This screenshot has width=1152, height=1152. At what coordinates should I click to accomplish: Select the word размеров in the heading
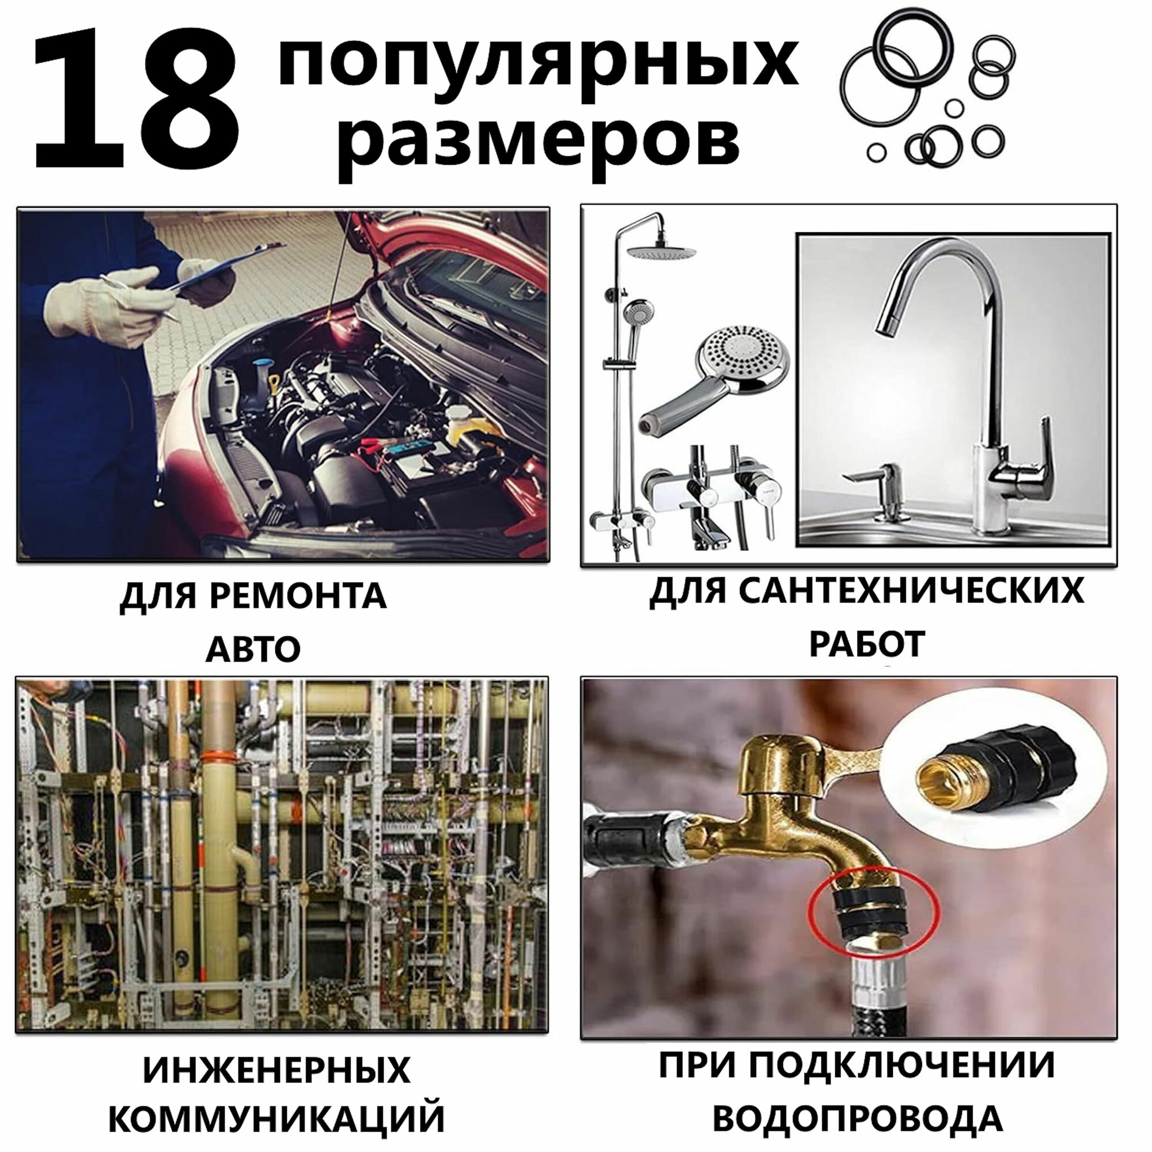pos(540,143)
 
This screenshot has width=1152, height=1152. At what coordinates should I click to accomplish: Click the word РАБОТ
pos(867,644)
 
